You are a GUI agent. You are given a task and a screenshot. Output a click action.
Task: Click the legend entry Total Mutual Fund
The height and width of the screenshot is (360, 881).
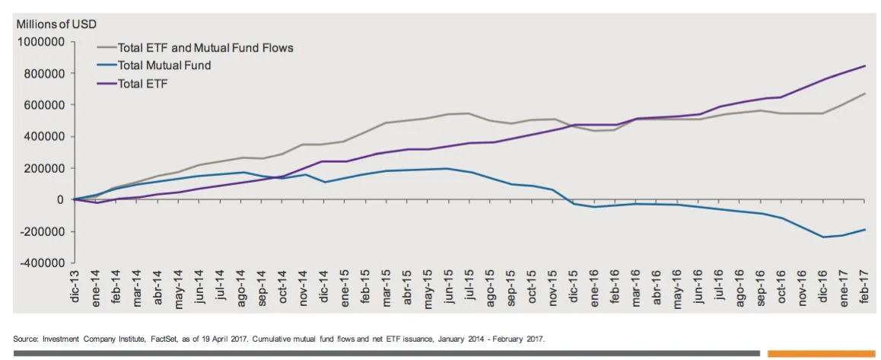pyautogui.click(x=164, y=65)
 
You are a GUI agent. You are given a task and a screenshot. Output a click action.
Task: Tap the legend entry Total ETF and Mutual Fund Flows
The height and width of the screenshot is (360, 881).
pyautogui.click(x=205, y=48)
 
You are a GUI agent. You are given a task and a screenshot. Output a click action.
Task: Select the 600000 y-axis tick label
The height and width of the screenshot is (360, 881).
pyautogui.click(x=43, y=105)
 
